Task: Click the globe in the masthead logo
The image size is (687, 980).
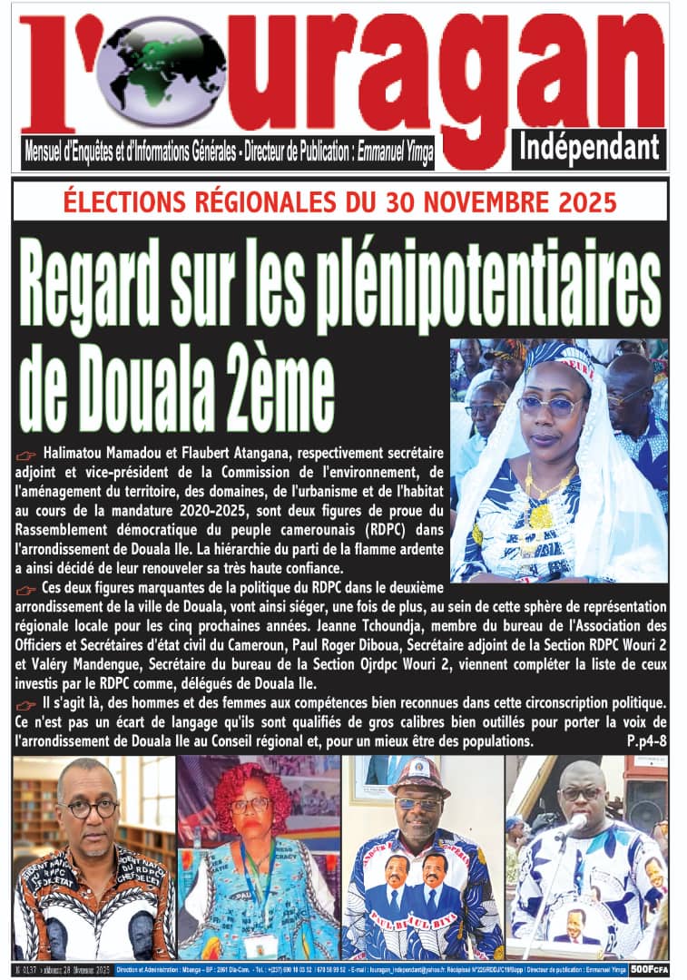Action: point(151,70)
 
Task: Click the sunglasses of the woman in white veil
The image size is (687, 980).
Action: point(552,406)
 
